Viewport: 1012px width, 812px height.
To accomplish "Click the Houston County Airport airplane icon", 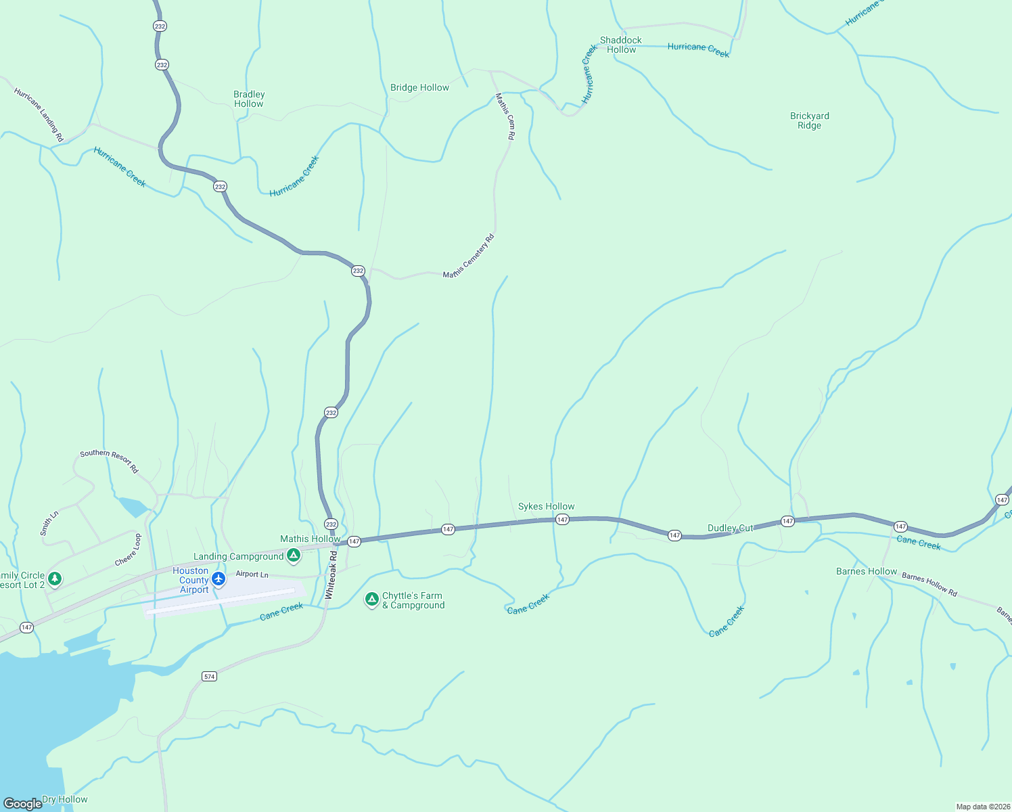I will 218,579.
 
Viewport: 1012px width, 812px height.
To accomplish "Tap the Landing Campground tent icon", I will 294,556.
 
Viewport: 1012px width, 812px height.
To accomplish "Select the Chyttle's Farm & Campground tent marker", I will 371,600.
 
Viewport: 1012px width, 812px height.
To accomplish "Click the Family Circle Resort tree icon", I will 55,579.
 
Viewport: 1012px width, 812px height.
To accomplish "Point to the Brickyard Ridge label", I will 809,120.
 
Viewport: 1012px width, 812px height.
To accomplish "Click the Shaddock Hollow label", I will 620,45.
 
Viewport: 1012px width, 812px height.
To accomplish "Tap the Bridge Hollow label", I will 419,87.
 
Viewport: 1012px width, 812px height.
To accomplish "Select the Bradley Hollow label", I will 249,99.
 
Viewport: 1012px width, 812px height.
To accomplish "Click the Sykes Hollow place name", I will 546,506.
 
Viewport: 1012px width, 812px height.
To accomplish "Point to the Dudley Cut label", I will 730,528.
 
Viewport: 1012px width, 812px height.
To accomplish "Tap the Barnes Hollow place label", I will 866,571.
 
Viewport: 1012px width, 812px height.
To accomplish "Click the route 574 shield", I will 209,677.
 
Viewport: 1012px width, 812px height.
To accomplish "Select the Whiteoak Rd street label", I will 330,574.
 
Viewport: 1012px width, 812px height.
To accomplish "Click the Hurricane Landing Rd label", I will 39,114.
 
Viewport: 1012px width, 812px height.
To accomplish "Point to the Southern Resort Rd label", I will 109,461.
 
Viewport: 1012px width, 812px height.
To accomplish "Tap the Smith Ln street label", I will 49,524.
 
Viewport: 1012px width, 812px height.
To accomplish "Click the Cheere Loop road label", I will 127,550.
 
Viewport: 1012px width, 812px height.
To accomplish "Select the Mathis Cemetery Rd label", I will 469,256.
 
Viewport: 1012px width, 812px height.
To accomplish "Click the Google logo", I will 22,803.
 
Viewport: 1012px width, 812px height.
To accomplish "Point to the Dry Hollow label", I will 64,799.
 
